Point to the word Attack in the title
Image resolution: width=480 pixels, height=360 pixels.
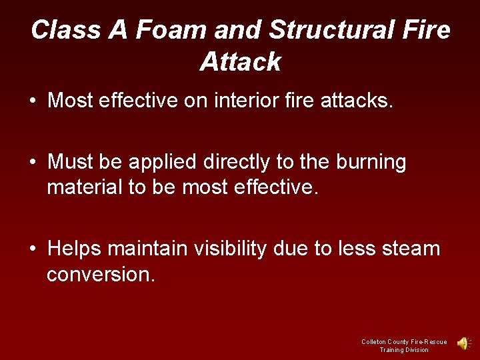click(240, 62)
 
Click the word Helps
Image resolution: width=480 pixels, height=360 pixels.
click(75, 249)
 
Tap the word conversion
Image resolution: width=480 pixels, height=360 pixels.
click(101, 274)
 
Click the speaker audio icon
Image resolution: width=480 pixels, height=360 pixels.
click(463, 343)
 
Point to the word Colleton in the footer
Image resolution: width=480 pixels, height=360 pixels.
click(375, 342)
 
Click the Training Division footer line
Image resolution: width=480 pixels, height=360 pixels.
click(404, 350)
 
